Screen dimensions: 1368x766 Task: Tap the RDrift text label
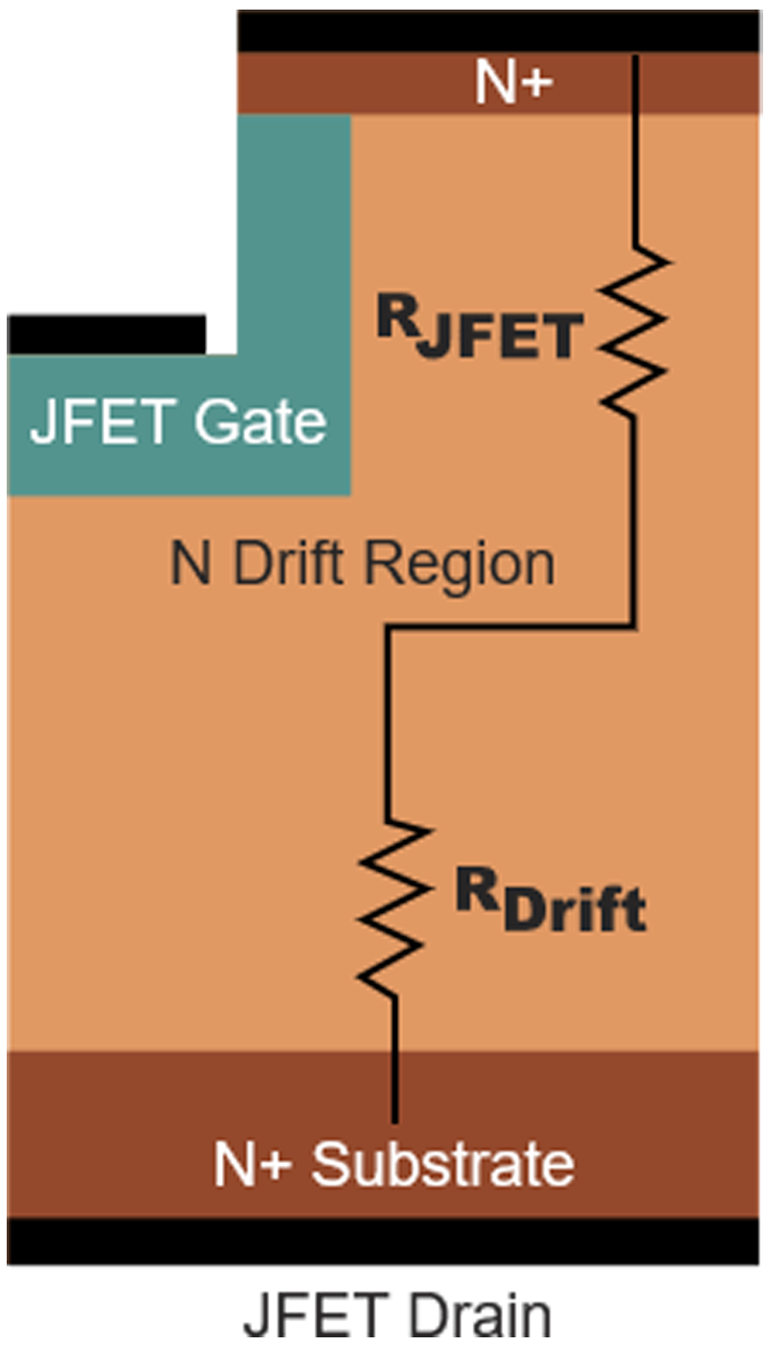point(551,901)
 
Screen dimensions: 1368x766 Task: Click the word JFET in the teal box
point(103,422)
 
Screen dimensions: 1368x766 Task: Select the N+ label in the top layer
point(514,84)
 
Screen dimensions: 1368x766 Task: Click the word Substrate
point(442,1165)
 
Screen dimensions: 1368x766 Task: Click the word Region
point(461,565)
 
